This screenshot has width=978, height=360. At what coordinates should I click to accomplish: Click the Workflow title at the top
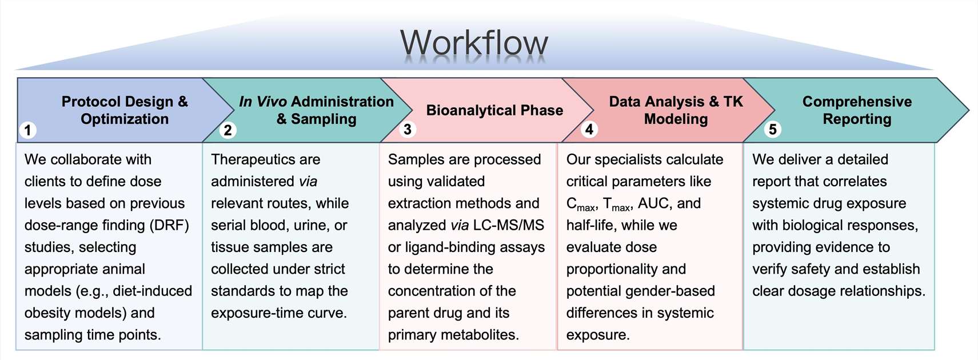click(x=474, y=43)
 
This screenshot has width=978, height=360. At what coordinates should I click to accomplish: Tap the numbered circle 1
click(x=27, y=130)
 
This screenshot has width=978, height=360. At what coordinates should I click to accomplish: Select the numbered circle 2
click(x=227, y=130)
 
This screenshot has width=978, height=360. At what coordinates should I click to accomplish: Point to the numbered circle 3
click(x=407, y=130)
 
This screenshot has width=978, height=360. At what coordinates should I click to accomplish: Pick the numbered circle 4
click(x=589, y=130)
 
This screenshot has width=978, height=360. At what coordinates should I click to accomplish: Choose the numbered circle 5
click(x=772, y=130)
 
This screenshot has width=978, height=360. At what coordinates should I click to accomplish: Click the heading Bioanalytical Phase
click(x=494, y=110)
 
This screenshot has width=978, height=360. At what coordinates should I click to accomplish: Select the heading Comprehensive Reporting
click(x=857, y=110)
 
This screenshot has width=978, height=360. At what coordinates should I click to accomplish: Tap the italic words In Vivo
click(x=262, y=102)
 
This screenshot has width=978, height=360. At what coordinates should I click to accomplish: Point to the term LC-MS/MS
click(x=509, y=225)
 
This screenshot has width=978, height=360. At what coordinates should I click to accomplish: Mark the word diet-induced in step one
click(x=153, y=291)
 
